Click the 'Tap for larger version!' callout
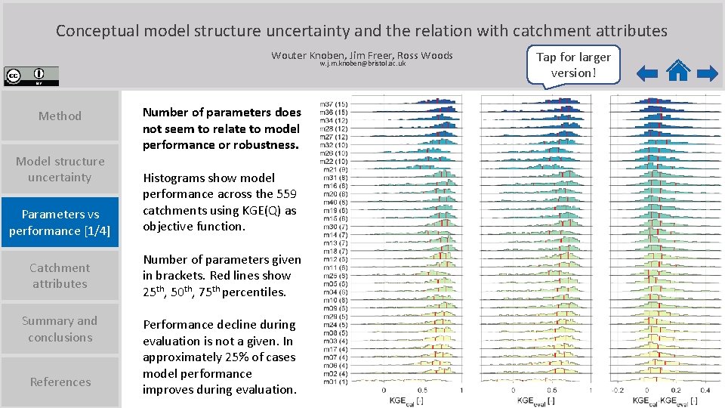click(573, 65)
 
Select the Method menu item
click(60, 116)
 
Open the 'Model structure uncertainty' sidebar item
click(60, 169)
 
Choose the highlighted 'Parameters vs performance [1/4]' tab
click(60, 222)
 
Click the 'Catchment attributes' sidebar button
click(60, 276)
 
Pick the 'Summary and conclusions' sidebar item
click(60, 329)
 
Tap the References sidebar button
click(60, 382)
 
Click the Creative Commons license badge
click(31, 76)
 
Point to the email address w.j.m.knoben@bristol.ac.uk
click(362, 63)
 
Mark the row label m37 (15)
click(333, 104)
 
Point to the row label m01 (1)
click(333, 381)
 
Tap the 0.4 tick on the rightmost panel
click(704, 391)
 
